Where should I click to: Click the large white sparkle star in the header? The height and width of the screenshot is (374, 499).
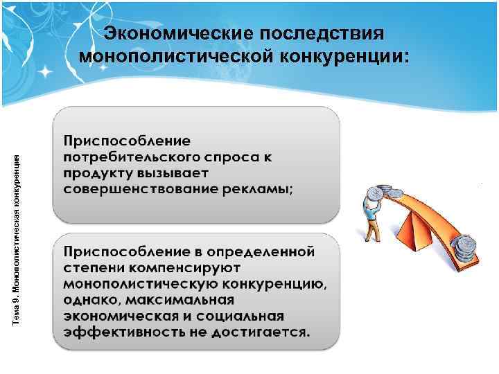[46, 71]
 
